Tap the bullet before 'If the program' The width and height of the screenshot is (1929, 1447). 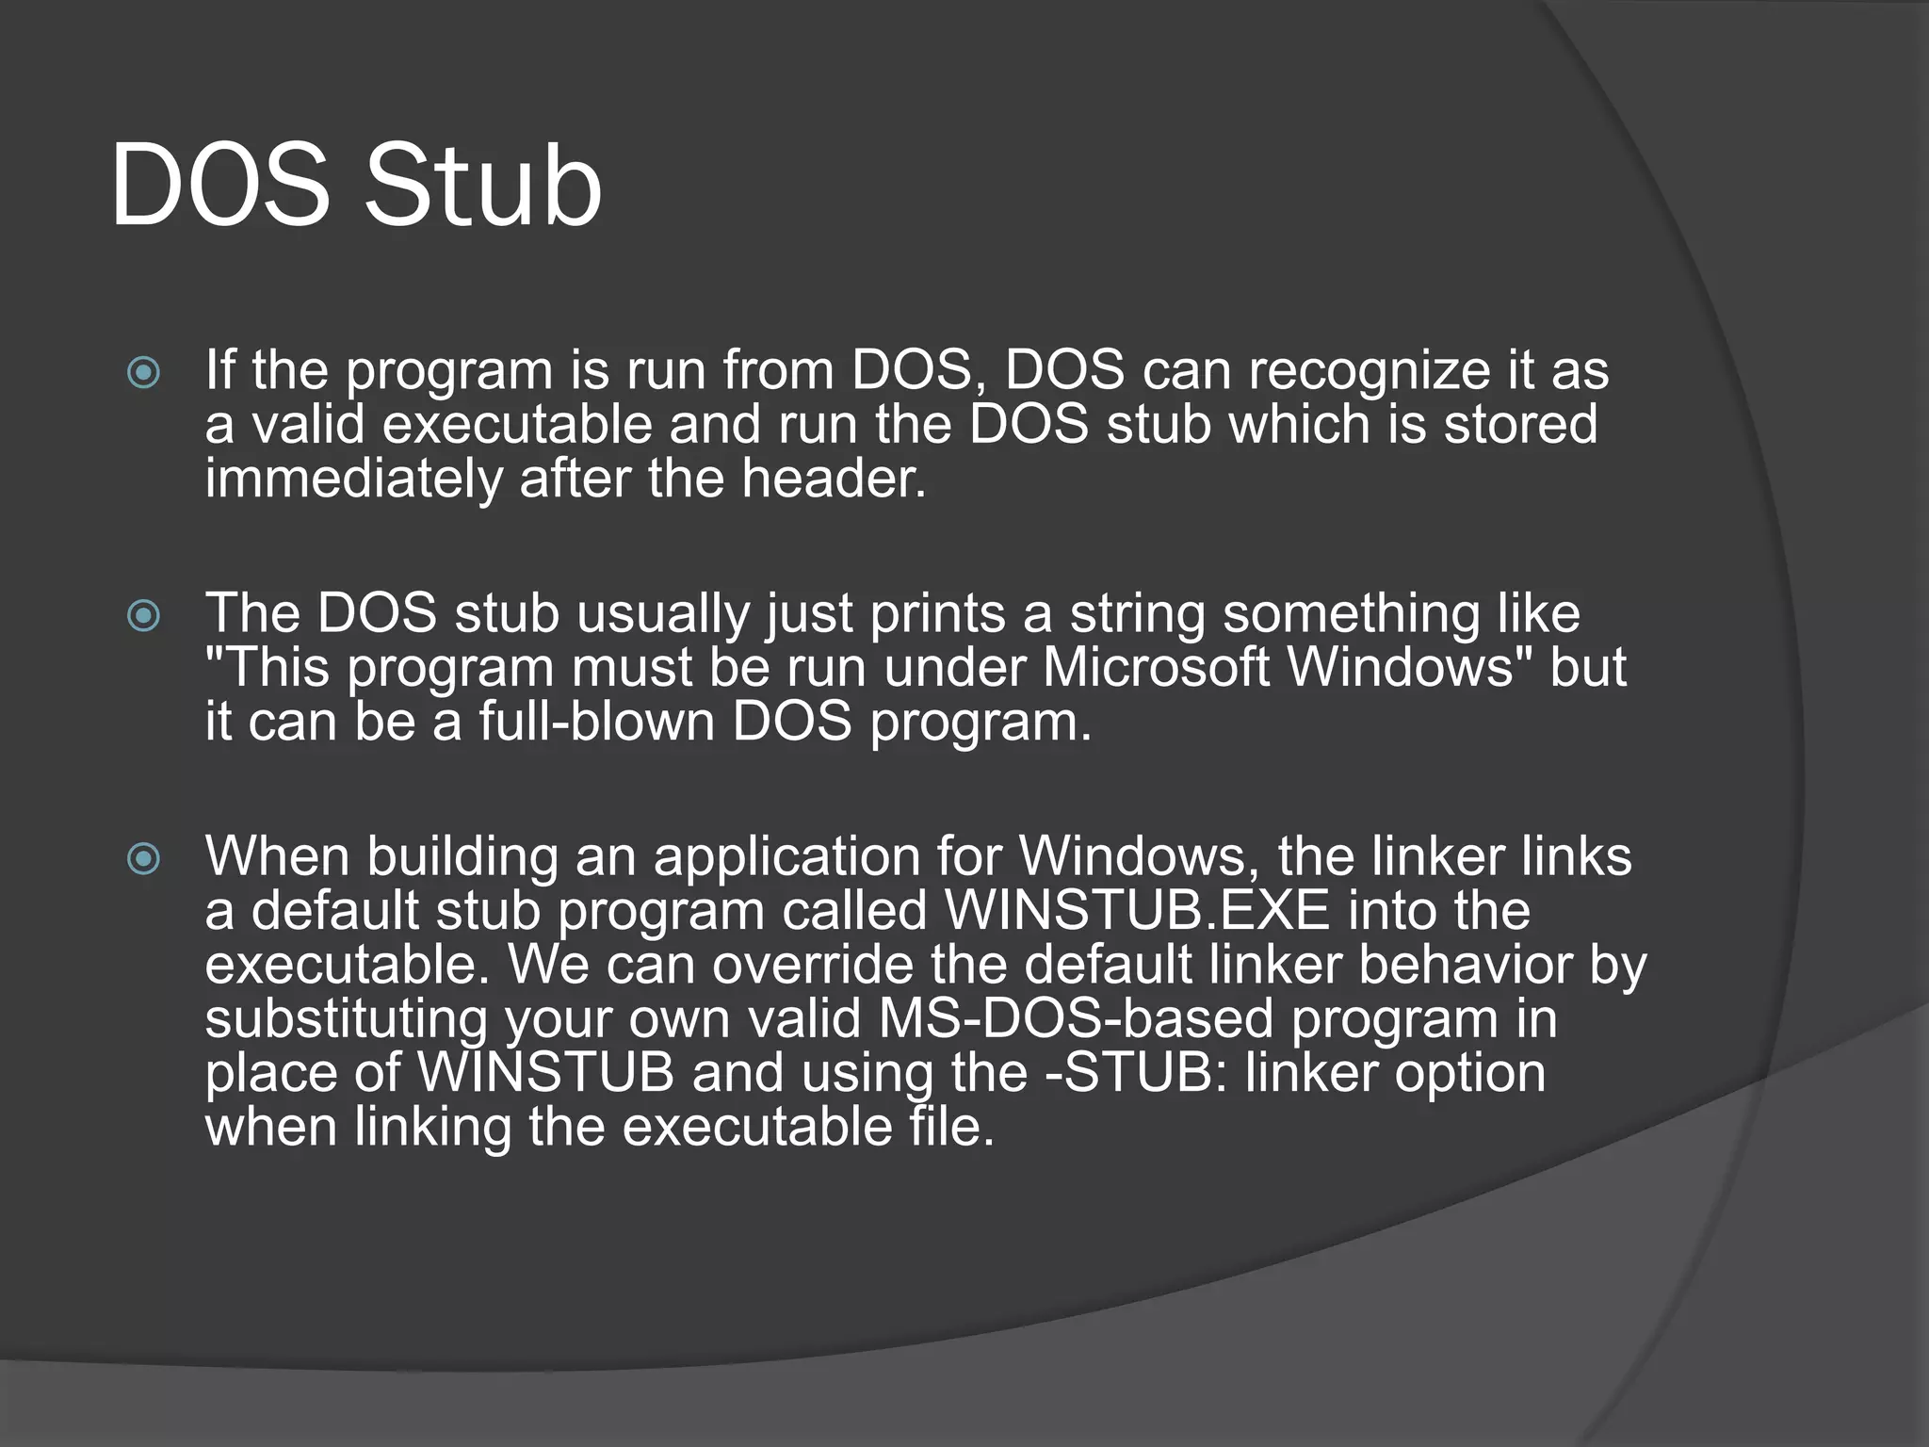pyautogui.click(x=143, y=373)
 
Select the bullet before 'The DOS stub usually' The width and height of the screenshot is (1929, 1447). pyautogui.click(x=143, y=616)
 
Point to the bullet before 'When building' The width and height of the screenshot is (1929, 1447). pyautogui.click(x=143, y=858)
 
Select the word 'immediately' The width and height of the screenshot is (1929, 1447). pyautogui.click(x=354, y=479)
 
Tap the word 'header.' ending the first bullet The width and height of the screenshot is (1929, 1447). pyautogui.click(x=833, y=479)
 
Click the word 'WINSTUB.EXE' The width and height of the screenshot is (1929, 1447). pyautogui.click(x=1137, y=911)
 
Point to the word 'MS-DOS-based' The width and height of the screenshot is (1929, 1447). pyautogui.click(x=1075, y=1019)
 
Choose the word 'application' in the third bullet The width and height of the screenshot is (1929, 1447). pyautogui.click(x=786, y=858)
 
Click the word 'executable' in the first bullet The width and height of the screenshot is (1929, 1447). pyautogui.click(x=517, y=426)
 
